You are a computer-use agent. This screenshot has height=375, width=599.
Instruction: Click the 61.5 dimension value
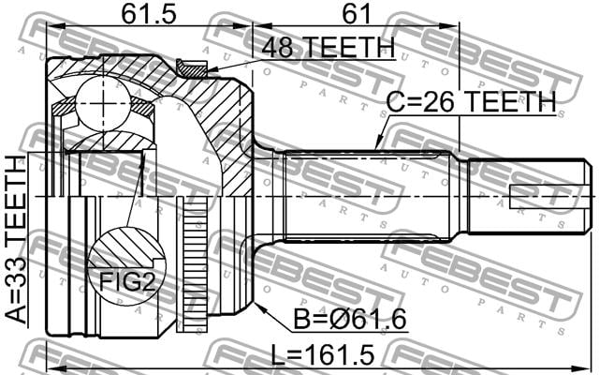(x=149, y=15)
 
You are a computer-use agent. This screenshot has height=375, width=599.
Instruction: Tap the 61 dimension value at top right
(x=357, y=15)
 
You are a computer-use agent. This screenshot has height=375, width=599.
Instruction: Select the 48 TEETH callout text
(x=329, y=48)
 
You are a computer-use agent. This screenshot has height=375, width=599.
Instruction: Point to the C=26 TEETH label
(x=471, y=102)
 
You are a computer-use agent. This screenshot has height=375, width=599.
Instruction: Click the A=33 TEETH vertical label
(x=17, y=240)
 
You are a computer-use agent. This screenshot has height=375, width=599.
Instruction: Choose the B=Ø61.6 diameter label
(x=349, y=319)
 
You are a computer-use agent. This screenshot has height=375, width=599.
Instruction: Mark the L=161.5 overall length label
(x=322, y=355)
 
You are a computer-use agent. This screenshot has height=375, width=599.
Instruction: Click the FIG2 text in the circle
(x=127, y=283)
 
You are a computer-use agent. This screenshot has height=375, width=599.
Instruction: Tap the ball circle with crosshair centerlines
(x=103, y=102)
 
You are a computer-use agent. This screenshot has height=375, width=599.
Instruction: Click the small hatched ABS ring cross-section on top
(x=192, y=68)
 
